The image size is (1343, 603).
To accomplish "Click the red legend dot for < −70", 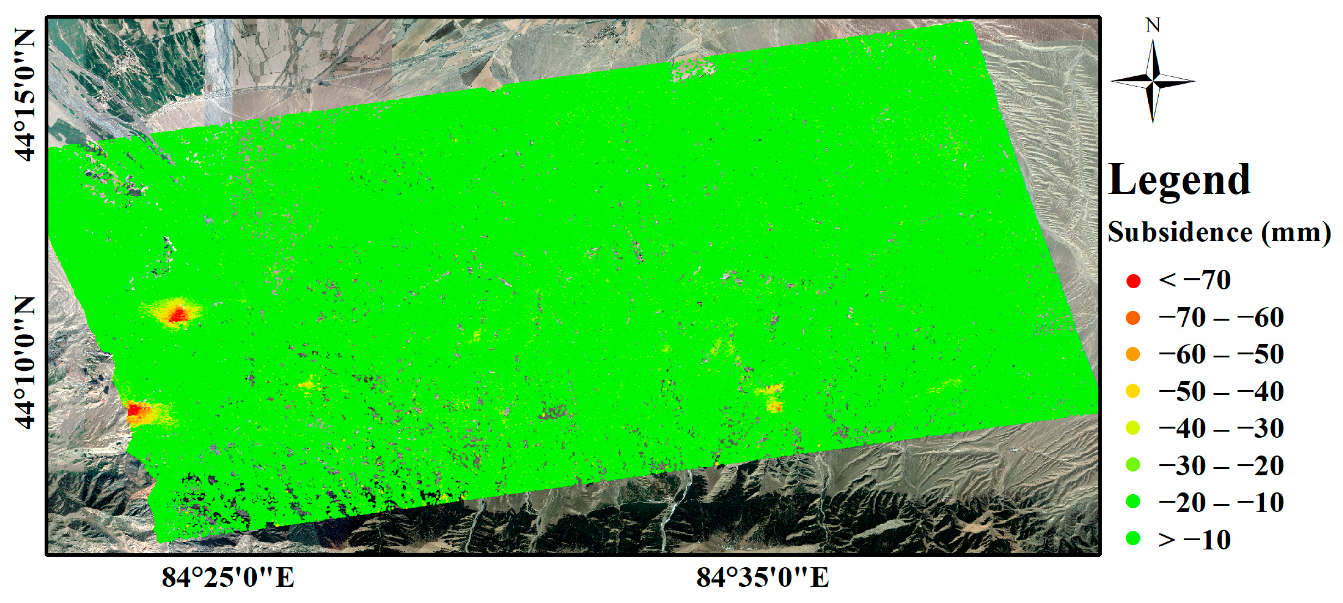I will pos(1133,281).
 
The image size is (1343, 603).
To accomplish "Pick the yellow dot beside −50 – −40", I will pos(1133,391).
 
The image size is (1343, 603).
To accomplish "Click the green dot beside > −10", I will pos(1133,539).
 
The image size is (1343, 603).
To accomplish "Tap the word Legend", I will pos(1179,180).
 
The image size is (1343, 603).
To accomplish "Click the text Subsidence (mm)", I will pos(1219,232).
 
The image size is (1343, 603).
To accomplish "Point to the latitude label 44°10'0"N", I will pos(25,363).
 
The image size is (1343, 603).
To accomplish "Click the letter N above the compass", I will pos(1153,25).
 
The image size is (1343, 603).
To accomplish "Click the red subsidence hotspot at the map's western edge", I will pos(137,410).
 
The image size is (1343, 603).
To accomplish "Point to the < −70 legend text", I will pos(1194,280).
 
